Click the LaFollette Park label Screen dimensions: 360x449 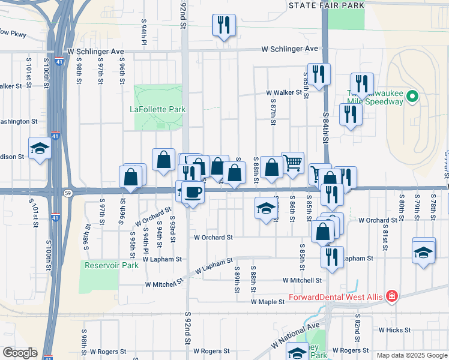pos(158,109)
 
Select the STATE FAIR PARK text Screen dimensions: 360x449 pos(326,5)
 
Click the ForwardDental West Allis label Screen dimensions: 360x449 pos(337,296)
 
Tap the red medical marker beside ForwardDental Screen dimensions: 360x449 pos(392,296)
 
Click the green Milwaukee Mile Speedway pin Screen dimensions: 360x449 pos(412,96)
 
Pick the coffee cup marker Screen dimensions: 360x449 pos(193,192)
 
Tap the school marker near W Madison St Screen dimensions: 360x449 pos(40,148)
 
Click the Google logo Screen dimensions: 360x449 pos(20,353)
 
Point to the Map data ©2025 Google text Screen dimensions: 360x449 pos(412,355)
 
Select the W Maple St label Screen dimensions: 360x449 pos(268,302)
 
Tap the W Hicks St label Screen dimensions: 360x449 pos(394,330)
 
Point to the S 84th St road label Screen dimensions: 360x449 pos(326,127)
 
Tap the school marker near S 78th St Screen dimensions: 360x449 pos(424,251)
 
